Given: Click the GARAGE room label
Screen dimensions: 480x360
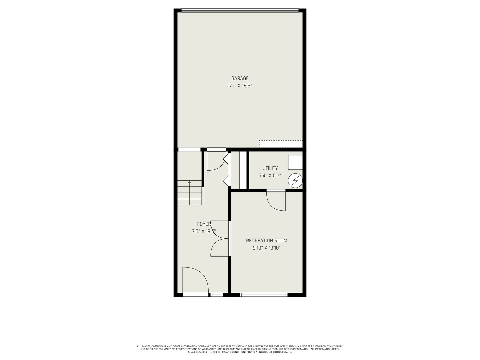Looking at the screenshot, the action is coord(240,78).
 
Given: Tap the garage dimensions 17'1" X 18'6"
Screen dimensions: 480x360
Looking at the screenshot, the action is coord(240,86).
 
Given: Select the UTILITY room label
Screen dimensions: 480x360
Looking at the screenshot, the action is coord(270,168).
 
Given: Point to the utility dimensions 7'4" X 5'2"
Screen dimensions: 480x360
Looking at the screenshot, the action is coord(270,176).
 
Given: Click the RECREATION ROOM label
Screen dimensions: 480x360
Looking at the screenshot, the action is coord(267,241).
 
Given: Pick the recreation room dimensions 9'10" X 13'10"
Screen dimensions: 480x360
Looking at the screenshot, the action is coord(267,248).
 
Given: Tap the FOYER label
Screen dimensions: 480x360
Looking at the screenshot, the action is coord(204,224).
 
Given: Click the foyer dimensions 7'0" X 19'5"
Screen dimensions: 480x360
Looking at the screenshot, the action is coord(204,231).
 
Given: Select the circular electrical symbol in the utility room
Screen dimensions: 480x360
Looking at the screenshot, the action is coord(295,181).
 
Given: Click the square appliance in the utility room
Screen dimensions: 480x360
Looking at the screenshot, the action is coord(295,162).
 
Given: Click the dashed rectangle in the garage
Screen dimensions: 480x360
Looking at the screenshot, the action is coord(281,144).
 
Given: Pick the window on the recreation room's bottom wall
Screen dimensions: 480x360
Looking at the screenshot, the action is coord(264,295).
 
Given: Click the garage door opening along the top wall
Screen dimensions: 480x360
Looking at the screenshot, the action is coord(240,10).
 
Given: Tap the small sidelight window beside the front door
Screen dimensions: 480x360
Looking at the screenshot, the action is coord(216,295).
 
